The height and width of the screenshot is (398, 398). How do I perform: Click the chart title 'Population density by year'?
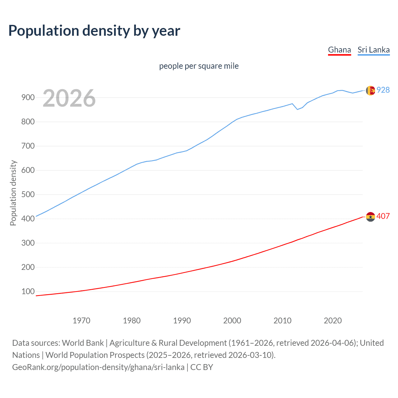click(94, 31)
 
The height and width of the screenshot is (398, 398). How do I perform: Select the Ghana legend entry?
click(339, 50)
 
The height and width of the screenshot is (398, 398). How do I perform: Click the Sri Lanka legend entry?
click(373, 50)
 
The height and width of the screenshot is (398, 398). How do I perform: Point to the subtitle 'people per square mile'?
click(199, 66)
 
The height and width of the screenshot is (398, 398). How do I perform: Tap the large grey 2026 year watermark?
click(69, 98)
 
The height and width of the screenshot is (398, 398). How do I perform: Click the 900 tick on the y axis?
click(28, 97)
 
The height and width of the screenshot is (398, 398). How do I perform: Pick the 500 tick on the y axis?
click(28, 194)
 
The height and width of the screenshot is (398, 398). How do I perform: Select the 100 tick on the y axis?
click(28, 291)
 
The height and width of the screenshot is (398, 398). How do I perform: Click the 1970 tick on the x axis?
click(81, 320)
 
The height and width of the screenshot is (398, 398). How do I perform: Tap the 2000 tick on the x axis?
click(232, 320)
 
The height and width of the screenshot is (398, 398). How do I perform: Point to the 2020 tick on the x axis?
click(333, 320)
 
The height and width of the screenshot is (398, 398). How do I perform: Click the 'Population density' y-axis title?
click(13, 193)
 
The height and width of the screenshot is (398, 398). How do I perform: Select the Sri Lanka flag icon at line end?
click(370, 90)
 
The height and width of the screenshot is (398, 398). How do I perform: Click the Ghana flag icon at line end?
click(370, 216)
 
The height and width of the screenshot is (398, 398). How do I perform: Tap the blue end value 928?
click(383, 90)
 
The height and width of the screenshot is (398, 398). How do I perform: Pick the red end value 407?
click(383, 216)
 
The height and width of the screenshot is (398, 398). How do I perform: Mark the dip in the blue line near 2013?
click(297, 109)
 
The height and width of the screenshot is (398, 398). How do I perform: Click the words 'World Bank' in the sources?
click(83, 343)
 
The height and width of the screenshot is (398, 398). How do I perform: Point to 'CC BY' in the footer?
click(201, 367)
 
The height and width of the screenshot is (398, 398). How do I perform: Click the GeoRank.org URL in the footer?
click(98, 367)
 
